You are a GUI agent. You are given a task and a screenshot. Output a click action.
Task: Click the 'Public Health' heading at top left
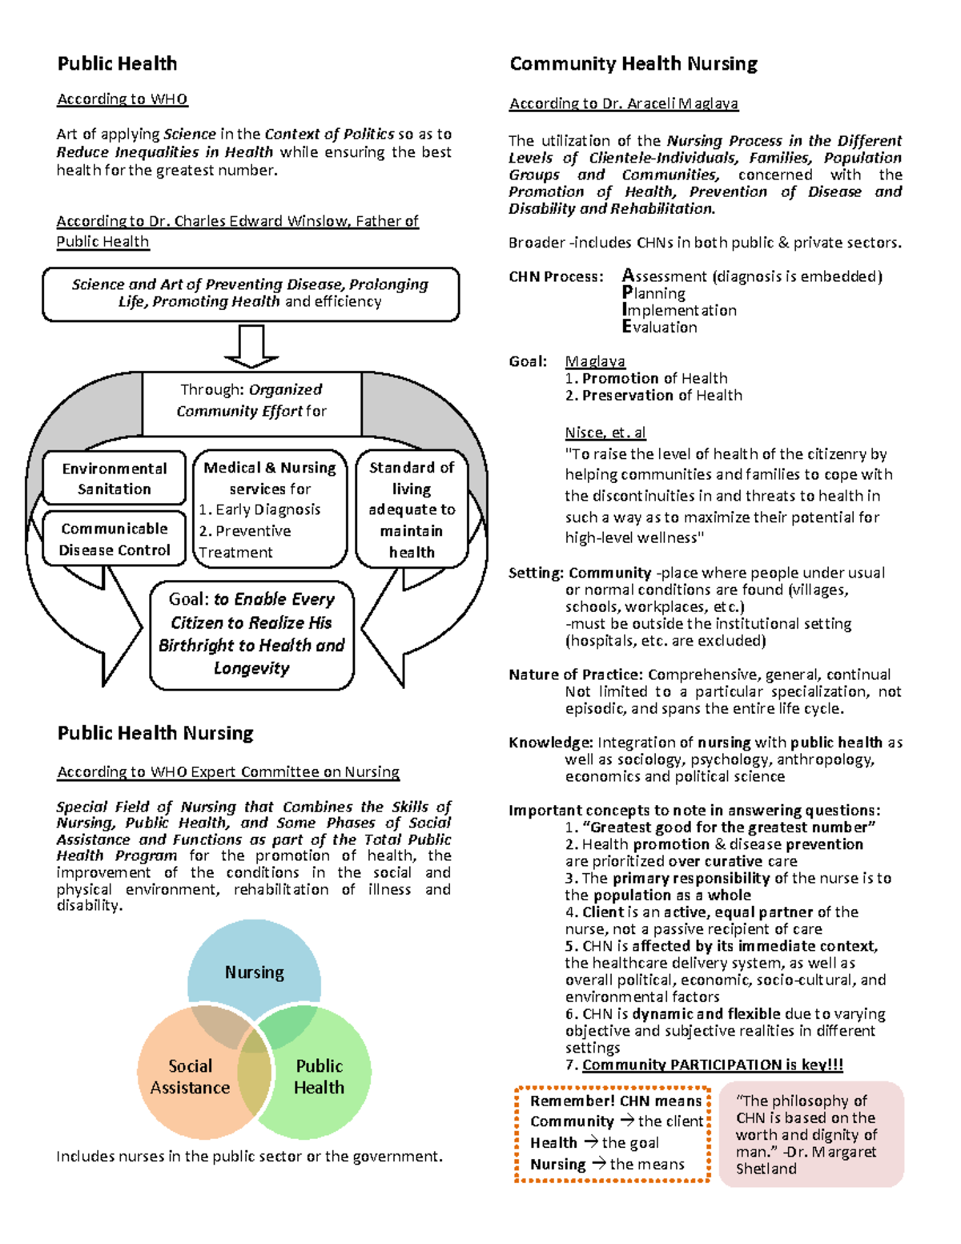tap(117, 64)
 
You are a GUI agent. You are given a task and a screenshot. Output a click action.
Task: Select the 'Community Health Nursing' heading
tap(633, 64)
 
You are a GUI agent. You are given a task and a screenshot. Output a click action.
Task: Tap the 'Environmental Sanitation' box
tap(115, 478)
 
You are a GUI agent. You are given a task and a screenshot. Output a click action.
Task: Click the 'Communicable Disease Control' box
tap(115, 539)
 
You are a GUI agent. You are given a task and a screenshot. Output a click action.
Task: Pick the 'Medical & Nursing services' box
tap(270, 509)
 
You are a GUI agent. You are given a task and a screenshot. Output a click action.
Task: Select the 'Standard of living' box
tap(412, 509)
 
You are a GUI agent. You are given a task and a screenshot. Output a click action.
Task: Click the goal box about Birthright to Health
tap(251, 634)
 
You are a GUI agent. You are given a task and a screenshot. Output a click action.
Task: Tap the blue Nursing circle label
tap(254, 972)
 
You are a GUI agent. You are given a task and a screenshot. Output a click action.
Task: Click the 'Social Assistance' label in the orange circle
tap(190, 1077)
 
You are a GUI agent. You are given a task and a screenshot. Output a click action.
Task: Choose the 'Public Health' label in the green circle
tap(319, 1077)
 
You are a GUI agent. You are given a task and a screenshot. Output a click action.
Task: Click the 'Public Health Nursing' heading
tap(155, 733)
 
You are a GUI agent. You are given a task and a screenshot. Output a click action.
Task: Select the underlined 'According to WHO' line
tap(122, 99)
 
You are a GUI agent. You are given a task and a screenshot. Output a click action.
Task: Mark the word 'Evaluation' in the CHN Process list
tap(660, 327)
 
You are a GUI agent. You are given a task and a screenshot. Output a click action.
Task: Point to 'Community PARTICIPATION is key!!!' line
tap(712, 1065)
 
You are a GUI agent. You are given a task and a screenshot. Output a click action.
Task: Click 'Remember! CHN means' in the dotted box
tap(615, 1101)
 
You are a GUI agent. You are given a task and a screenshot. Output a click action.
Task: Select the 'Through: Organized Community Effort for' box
tap(251, 401)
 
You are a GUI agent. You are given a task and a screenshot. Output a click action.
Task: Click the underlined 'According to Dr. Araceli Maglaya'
tap(624, 103)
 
